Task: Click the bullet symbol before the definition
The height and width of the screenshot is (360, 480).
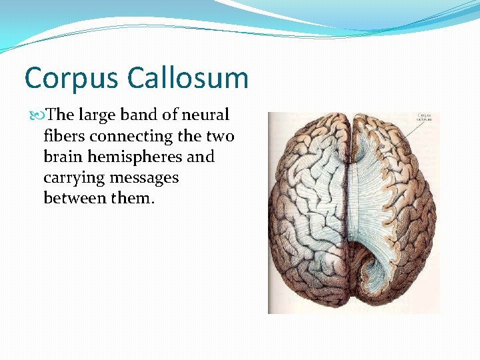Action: point(36,115)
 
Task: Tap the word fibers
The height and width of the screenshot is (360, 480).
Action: point(64,136)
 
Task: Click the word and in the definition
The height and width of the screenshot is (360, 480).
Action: point(201,157)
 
